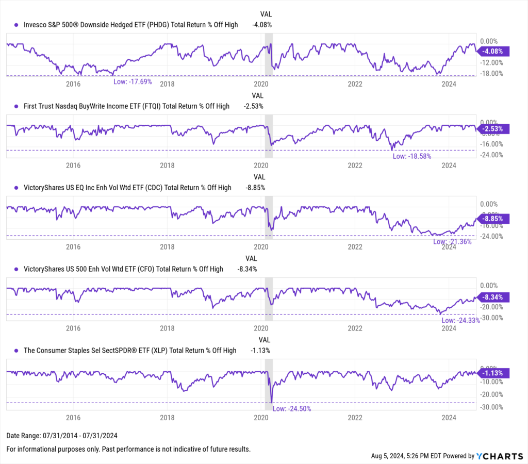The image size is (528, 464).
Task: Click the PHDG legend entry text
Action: [131, 25]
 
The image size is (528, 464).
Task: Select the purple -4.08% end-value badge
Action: [493, 51]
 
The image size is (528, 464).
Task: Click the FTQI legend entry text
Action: [126, 106]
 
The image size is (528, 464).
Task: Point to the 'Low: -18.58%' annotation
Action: [411, 156]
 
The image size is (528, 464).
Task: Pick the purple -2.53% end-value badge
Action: [493, 128]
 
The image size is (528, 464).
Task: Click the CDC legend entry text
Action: [127, 188]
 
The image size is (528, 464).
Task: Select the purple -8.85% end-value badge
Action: [493, 219]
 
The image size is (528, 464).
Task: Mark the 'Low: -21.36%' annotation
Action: [452, 241]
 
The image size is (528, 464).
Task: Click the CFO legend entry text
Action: [123, 269]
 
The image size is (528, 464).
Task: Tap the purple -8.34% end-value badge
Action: [493, 297]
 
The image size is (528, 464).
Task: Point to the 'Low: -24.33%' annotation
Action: [460, 320]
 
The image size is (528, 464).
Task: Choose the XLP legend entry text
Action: [130, 351]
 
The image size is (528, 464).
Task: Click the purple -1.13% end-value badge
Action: [493, 373]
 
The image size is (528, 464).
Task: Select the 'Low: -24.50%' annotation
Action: [291, 408]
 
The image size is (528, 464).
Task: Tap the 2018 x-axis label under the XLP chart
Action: [167, 417]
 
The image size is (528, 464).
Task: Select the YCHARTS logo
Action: [498, 456]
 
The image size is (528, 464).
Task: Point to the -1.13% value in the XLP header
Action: [260, 351]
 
